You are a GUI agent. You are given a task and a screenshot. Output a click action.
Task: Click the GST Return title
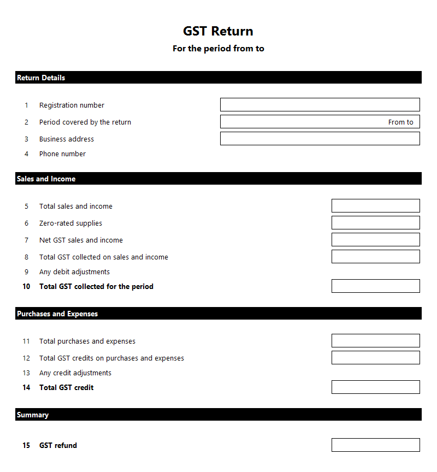pos(218,31)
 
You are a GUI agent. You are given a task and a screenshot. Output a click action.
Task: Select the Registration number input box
pos(320,105)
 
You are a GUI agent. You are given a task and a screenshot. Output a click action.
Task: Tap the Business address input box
pos(320,139)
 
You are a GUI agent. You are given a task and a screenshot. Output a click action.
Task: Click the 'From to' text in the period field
pos(400,122)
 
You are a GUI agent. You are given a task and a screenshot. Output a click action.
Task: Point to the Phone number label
pos(62,154)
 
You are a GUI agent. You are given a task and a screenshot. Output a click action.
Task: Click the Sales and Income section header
pos(46,179)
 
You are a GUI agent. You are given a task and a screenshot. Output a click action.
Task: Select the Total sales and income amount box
pos(375,206)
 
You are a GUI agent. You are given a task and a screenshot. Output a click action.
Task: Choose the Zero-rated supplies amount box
pos(375,223)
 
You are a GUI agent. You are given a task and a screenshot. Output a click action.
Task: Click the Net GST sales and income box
pos(375,240)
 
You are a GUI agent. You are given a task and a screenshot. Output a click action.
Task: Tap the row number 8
pos(26,257)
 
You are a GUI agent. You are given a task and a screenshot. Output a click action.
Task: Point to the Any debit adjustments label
pos(74,272)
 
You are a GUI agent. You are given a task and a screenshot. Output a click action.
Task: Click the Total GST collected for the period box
pos(375,286)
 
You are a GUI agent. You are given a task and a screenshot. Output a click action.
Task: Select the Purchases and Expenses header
pos(57,314)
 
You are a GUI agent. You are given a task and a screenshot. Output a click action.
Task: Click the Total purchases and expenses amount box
pos(375,341)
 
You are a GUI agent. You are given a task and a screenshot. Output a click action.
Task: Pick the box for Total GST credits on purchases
pos(375,358)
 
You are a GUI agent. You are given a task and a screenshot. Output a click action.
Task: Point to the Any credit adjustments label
pos(75,373)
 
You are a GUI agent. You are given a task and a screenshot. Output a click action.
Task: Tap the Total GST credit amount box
pos(375,387)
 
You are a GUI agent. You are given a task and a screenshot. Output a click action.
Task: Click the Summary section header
pos(33,415)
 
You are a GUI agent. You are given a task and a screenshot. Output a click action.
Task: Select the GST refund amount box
pos(375,445)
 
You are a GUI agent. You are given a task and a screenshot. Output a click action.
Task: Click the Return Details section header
pos(41,78)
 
